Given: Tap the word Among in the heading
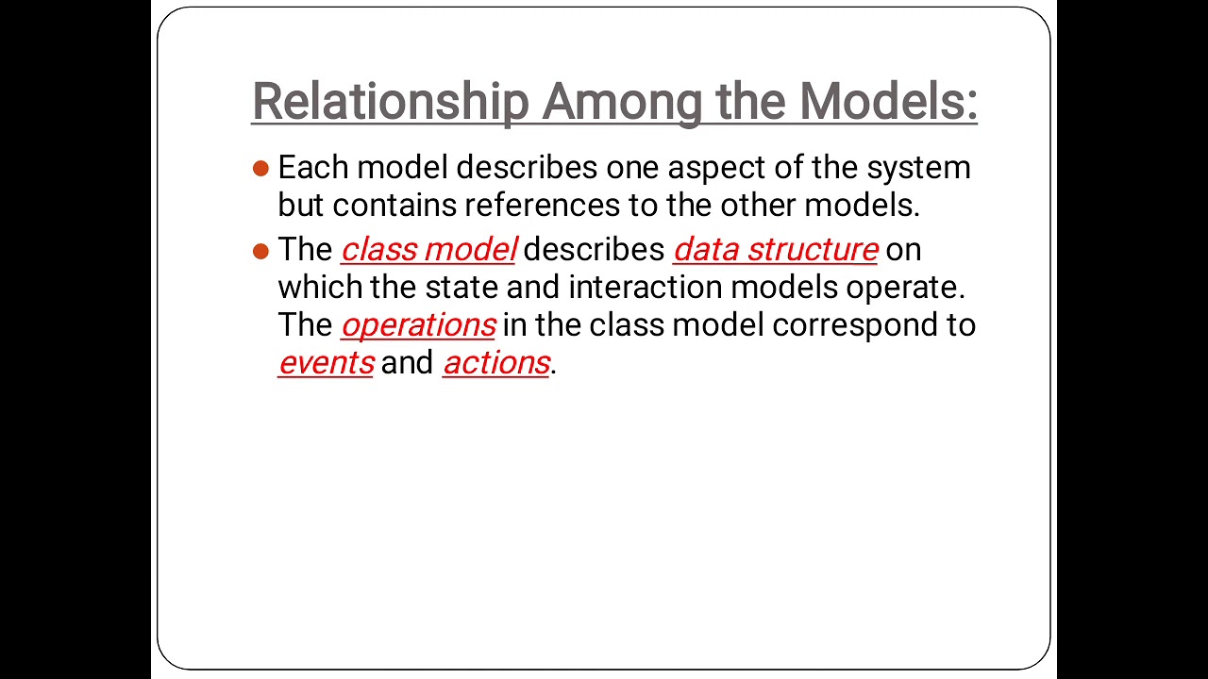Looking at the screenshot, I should coord(622,102).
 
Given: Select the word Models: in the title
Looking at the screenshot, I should coord(888,102).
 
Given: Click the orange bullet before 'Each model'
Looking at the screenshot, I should coord(261,169).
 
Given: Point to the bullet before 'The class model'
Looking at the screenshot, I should coord(261,251).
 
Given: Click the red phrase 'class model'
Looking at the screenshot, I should coord(428,250).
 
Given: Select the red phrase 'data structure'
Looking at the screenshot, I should coord(775,250).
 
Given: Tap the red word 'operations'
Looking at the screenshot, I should coord(418,325).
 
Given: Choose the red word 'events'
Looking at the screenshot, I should coord(326,363).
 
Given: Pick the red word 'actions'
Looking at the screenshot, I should coord(495,363).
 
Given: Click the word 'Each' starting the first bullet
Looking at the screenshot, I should coord(313,168).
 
